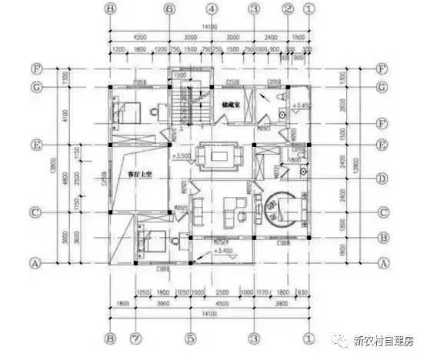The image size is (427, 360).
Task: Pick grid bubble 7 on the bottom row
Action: tap(135, 337)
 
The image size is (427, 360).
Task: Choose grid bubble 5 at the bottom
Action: tap(190, 337)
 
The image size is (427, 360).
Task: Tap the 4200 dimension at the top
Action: tap(140, 36)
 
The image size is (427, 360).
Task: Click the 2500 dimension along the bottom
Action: tap(221, 293)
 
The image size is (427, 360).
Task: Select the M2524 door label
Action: tap(219, 239)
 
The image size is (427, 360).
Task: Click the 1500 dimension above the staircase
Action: tap(179, 75)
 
